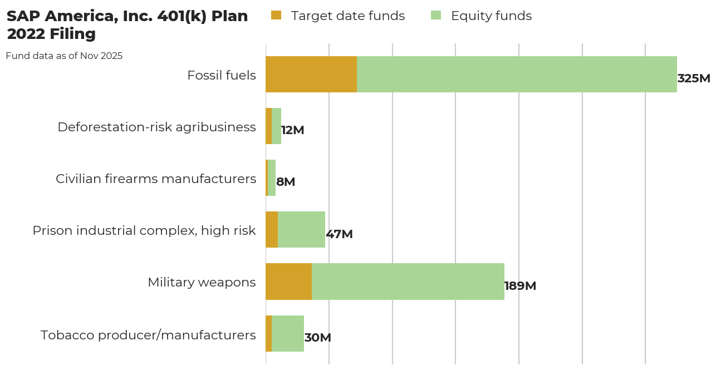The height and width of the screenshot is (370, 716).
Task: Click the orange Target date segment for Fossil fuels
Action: coord(311,74)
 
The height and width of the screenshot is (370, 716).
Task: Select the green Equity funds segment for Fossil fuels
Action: coord(517,74)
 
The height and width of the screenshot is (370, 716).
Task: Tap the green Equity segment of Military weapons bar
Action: coord(408,282)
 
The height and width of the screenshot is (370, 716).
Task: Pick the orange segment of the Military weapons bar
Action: coord(288,282)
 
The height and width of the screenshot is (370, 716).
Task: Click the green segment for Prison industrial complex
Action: coord(301,229)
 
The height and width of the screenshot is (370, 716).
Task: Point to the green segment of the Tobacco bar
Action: coord(288,333)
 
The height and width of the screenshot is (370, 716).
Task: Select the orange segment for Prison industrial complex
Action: coord(272,229)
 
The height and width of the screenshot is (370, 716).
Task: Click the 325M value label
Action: coord(694,78)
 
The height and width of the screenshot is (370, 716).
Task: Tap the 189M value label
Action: coord(520,286)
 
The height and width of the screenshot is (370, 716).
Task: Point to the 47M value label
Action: coord(339,234)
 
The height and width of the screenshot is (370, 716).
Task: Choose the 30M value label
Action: coord(317,338)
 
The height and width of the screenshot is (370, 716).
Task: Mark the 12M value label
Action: coord(292,130)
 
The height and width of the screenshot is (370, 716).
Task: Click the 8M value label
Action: coord(286,182)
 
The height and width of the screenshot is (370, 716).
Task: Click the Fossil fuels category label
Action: coord(222,75)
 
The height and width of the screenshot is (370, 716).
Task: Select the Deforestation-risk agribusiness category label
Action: coord(156,127)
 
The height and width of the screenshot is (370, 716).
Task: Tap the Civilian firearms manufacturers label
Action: coord(156,179)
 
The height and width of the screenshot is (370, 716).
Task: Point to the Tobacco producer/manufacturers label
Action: coord(148,335)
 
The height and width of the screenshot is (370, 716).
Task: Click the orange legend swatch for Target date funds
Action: coord(276,15)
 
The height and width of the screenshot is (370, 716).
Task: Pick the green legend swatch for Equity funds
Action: coord(436,15)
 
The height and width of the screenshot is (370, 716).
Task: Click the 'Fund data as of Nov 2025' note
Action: coord(64,56)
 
